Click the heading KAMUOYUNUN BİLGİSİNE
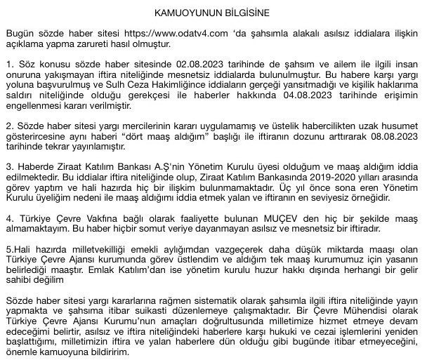point(212,13)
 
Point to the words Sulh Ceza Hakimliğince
point(150,84)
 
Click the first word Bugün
point(19,34)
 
